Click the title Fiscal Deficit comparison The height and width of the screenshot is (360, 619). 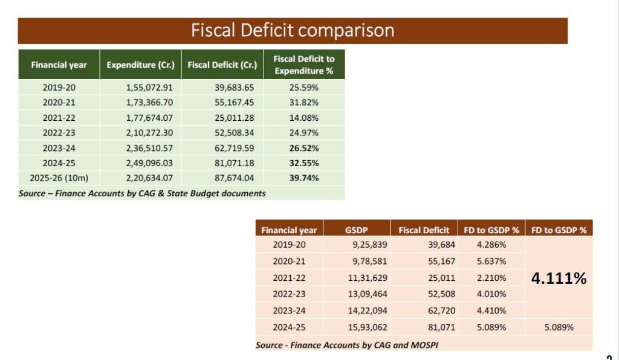click(293, 31)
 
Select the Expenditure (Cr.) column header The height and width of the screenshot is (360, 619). click(140, 65)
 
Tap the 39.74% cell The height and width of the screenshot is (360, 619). click(303, 178)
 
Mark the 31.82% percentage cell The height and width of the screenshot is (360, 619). click(303, 103)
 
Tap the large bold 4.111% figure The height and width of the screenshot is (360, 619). click(559, 278)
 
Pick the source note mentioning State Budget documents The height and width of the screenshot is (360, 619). click(143, 193)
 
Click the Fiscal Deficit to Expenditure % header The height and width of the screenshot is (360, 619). click(303, 65)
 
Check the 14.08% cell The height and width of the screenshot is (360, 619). click(303, 118)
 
